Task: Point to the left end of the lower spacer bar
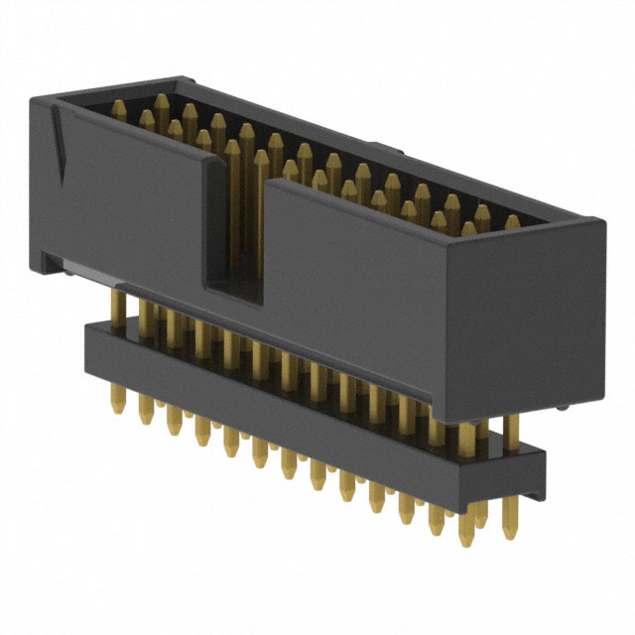[89, 342]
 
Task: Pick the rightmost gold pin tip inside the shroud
[512, 222]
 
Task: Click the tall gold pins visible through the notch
[238, 198]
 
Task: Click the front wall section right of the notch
[357, 288]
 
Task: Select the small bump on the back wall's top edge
[391, 152]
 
